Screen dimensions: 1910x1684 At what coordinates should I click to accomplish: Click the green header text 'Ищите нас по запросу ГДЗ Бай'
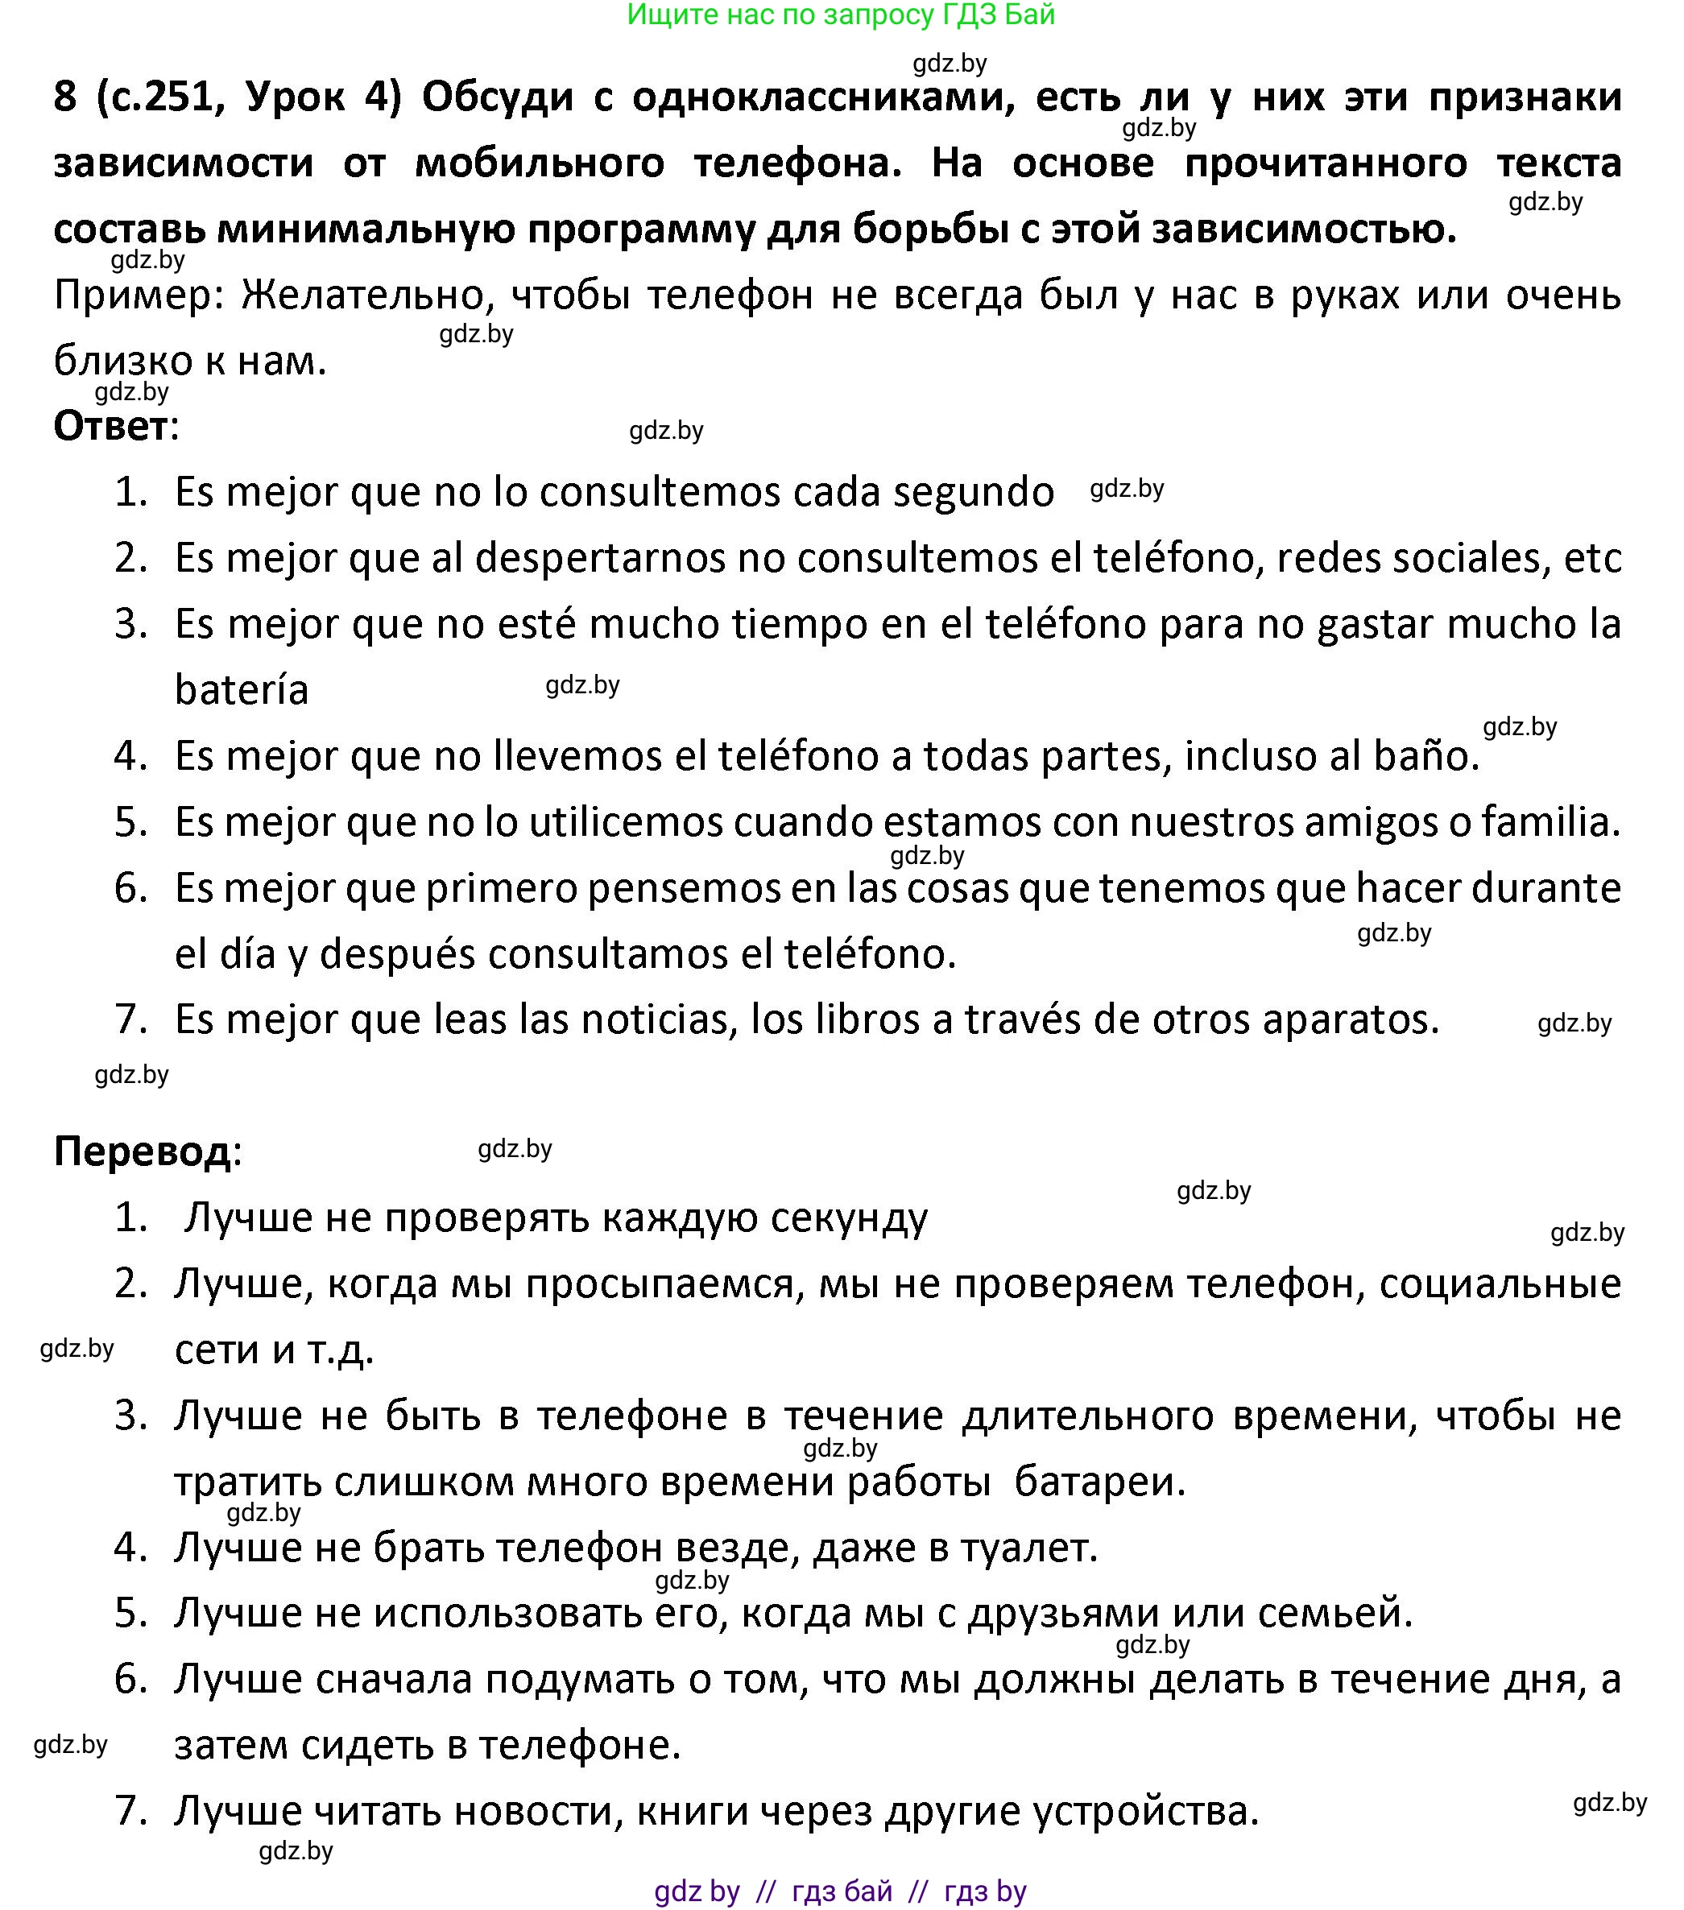[840, 15]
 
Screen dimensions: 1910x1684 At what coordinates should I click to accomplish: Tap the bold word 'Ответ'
[111, 427]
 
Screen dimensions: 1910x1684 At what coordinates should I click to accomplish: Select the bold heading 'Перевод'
[142, 1151]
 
